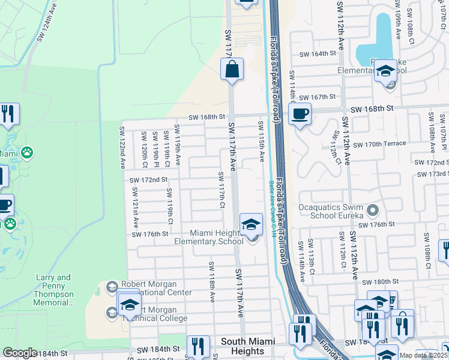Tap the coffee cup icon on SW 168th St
[300, 113]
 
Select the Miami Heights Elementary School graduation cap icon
[252, 225]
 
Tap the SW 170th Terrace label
[379, 145]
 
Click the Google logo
[20, 353]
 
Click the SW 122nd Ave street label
[122, 146]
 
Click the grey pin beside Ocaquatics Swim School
[373, 210]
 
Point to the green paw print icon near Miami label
[26, 153]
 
